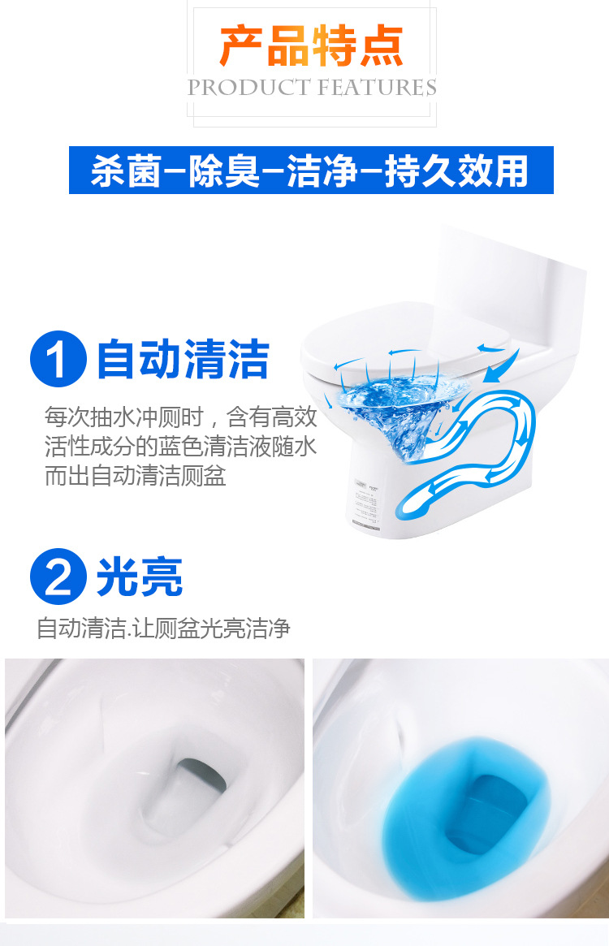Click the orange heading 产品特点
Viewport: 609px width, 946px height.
coord(311,46)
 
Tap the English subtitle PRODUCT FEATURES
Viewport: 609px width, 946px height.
coord(312,88)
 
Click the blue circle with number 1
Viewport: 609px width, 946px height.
coord(58,360)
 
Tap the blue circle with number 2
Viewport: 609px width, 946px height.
coord(58,577)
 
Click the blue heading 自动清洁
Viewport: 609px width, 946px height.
coord(183,360)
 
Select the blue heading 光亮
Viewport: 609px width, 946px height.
coord(140,577)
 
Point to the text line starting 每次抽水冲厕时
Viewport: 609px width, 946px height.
coord(180,417)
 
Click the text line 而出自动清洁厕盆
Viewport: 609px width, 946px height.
coord(135,475)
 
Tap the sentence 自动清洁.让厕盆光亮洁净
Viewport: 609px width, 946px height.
coord(163,628)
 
